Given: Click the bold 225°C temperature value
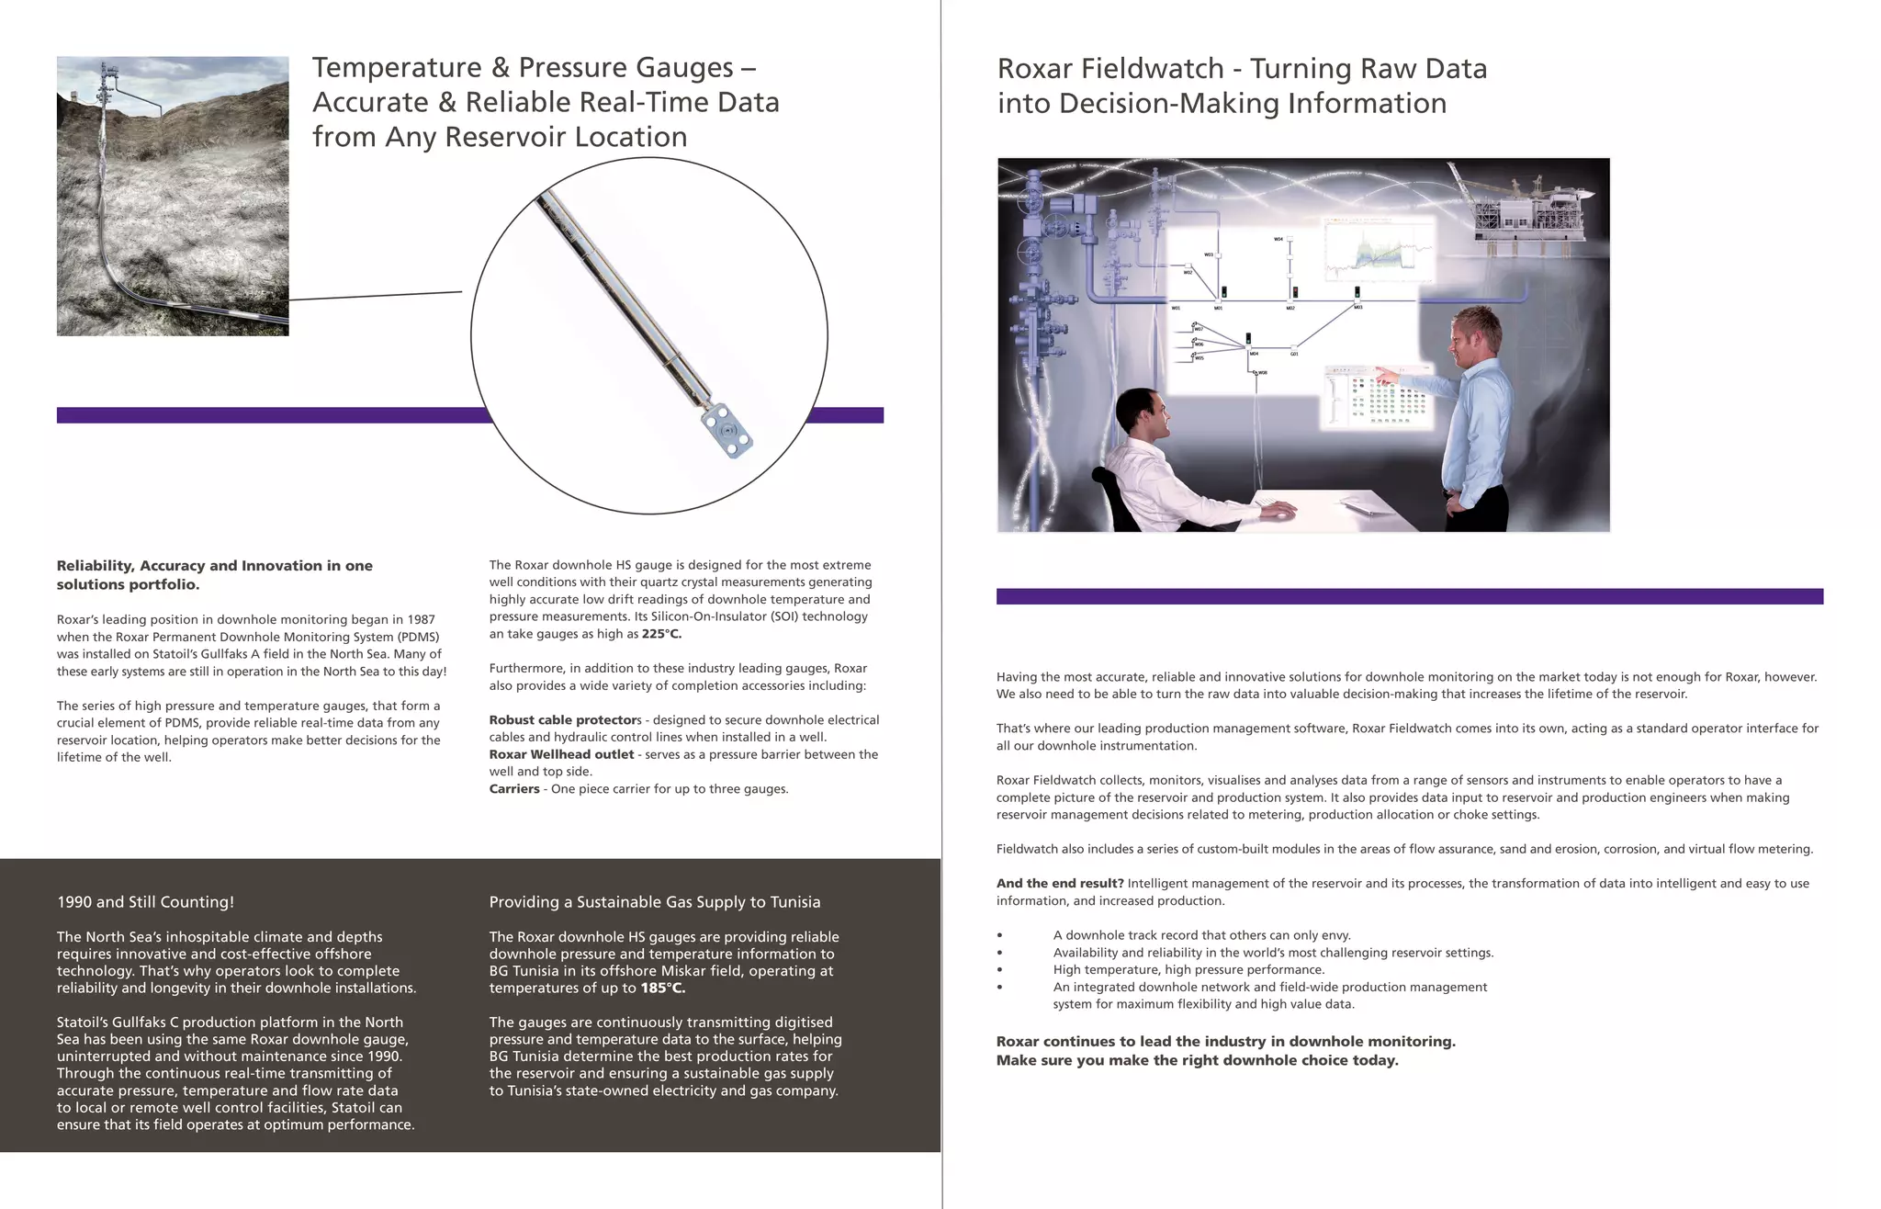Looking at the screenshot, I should (661, 634).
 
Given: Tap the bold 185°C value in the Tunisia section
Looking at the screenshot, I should (662, 989).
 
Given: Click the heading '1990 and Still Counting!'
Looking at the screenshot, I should (145, 902).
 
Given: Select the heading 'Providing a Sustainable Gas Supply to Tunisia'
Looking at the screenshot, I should (654, 902).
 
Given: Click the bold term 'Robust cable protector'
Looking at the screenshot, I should (563, 720).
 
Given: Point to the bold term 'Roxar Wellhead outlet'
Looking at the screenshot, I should (561, 754).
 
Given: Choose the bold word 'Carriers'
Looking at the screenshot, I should (513, 789).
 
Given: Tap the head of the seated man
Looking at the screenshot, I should (1141, 415).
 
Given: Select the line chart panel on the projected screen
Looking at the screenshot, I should (1378, 250).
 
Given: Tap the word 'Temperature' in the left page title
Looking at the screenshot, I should (397, 68).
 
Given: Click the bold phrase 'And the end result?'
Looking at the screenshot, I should (1059, 884).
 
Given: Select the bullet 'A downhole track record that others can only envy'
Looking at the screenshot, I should (1201, 935).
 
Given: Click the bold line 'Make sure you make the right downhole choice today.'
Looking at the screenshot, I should (1197, 1060).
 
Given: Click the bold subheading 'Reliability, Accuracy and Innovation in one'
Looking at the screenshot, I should (214, 566).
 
